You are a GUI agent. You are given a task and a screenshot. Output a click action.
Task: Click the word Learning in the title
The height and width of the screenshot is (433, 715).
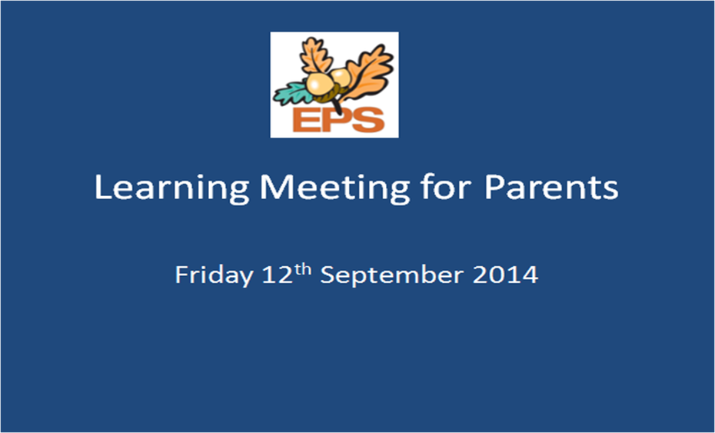(171, 188)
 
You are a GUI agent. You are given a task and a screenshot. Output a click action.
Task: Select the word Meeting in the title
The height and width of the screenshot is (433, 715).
(334, 188)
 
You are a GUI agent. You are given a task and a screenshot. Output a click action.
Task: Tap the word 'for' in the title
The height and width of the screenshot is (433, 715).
(446, 186)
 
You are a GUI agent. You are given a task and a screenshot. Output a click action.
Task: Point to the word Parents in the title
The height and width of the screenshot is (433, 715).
(550, 187)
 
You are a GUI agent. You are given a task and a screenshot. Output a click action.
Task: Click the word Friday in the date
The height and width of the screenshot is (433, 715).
(214, 275)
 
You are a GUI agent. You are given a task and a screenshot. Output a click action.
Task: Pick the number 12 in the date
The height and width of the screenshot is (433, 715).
(278, 275)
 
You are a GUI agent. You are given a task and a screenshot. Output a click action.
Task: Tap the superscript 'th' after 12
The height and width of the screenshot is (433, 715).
(302, 270)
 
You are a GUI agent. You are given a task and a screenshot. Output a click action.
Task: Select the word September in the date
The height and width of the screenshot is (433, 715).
(392, 275)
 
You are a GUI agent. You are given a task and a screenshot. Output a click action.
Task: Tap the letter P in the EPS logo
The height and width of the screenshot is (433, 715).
(336, 119)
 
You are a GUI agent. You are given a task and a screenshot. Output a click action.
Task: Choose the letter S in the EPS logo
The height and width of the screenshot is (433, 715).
(368, 119)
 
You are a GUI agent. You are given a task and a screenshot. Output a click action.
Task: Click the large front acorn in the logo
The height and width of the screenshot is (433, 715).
(321, 85)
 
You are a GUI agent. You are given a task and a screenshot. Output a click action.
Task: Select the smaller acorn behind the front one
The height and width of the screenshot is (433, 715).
(341, 78)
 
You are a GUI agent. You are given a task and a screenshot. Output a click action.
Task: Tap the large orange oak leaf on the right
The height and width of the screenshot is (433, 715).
(371, 73)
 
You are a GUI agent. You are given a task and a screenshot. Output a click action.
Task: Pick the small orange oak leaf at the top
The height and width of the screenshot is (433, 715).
(315, 55)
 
